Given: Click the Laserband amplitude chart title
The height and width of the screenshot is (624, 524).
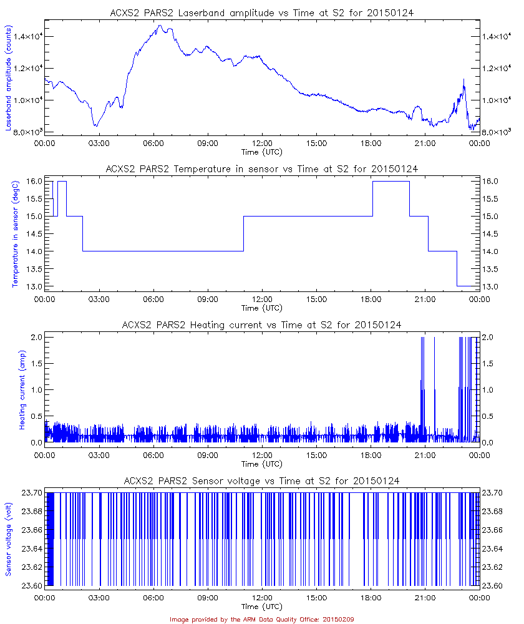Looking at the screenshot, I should (261, 12).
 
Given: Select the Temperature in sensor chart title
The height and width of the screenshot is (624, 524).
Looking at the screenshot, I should (261, 168).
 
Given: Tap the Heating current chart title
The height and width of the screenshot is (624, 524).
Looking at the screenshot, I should (261, 324).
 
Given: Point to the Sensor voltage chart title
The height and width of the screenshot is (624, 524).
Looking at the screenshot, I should (261, 480).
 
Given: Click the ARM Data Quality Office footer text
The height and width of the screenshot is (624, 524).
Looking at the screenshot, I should (261, 619).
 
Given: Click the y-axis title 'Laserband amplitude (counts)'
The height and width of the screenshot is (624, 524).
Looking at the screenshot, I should (9, 77).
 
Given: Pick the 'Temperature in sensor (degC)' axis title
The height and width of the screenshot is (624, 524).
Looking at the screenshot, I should (16, 233).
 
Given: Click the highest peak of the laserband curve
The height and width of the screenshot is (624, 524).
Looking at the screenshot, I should (160, 26).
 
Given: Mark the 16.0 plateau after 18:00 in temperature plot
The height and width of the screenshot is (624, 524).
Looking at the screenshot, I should (391, 181).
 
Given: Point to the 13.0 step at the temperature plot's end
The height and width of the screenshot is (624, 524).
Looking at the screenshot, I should (468, 286).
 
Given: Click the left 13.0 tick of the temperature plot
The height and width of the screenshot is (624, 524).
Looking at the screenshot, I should (34, 286).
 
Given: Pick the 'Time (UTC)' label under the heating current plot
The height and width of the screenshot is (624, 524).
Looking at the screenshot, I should (261, 464).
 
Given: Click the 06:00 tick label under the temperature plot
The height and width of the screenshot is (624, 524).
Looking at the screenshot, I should (153, 300).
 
